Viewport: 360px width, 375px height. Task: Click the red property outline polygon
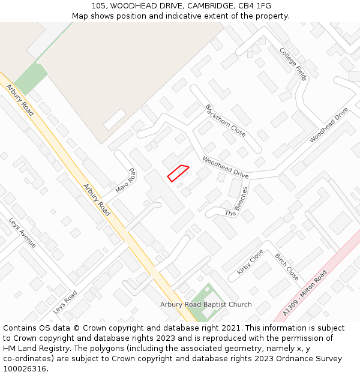click(x=178, y=173)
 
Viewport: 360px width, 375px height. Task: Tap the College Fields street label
click(x=293, y=64)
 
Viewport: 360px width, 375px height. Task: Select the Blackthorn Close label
click(x=226, y=120)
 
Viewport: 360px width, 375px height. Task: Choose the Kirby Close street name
click(x=250, y=262)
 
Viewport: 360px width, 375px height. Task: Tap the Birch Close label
click(x=287, y=267)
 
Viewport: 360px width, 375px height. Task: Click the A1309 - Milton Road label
click(x=305, y=292)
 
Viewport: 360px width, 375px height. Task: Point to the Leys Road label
click(x=65, y=302)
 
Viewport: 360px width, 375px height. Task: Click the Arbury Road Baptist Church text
click(x=206, y=305)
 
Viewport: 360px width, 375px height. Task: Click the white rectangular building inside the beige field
click(x=115, y=119)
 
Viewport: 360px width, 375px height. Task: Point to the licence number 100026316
click(x=25, y=369)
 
